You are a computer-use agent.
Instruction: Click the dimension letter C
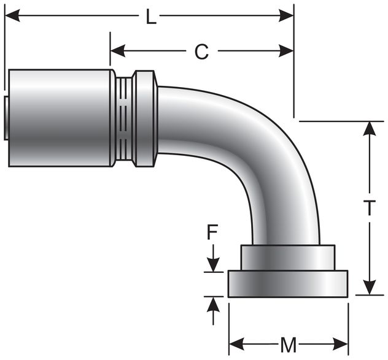(x=201, y=52)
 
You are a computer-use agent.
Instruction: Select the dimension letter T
(x=369, y=209)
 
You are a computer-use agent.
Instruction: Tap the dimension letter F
(x=212, y=233)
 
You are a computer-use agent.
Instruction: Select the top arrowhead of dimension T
(x=369, y=128)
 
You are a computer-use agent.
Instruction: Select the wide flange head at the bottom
(x=288, y=284)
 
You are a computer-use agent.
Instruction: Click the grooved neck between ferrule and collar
(x=124, y=118)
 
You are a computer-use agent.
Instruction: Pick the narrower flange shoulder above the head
(x=288, y=258)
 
